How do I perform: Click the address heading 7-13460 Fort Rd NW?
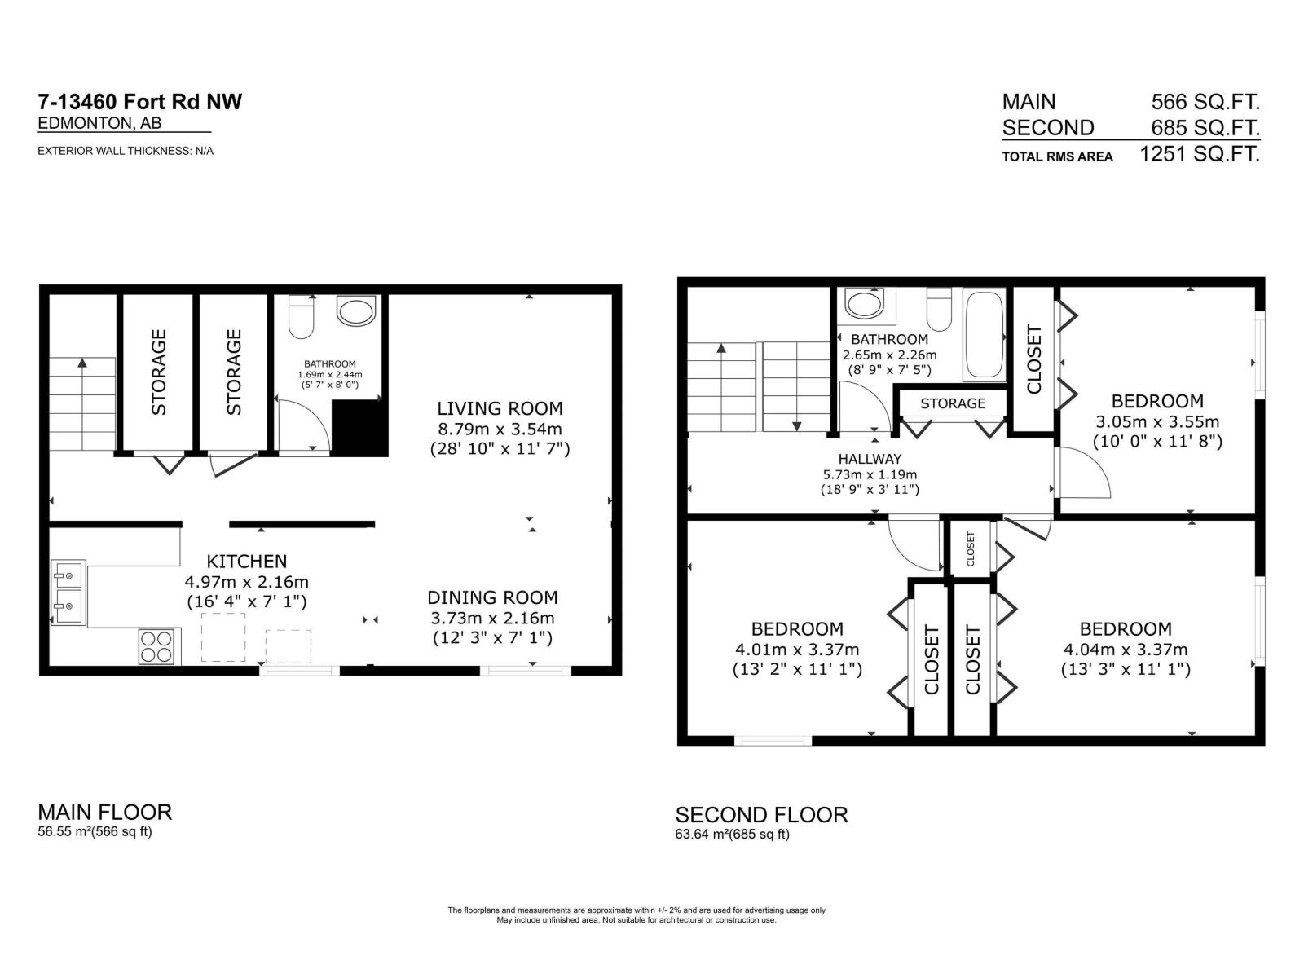[139, 102]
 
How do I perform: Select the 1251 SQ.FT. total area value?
[1199, 154]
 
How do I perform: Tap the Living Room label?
[500, 408]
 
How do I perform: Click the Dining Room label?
[492, 597]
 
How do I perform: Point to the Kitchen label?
[246, 562]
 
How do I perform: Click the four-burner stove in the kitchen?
[157, 646]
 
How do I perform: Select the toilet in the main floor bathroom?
[302, 317]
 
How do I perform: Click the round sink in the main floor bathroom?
[356, 311]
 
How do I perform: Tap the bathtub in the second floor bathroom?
[985, 334]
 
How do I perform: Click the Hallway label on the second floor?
[870, 459]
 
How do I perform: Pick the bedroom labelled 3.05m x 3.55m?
[1156, 401]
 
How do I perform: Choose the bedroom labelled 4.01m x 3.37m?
[796, 629]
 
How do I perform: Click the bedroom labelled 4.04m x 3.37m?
[1125, 629]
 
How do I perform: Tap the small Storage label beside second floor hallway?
[952, 403]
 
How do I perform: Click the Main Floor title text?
[105, 812]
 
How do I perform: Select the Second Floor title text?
[761, 814]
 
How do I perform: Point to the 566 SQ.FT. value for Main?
[1205, 102]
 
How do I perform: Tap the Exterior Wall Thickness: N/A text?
[126, 151]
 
